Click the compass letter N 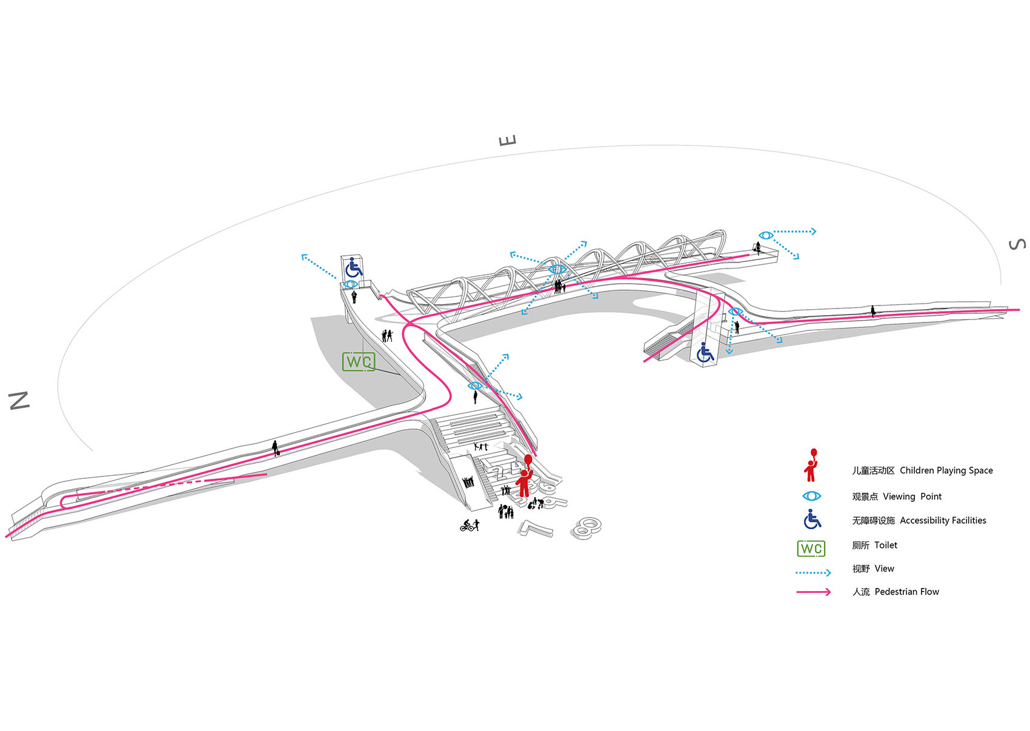tap(19, 400)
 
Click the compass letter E tap(508, 140)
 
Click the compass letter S tap(1017, 244)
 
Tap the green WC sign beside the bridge tap(359, 362)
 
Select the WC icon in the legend tap(811, 548)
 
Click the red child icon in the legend tap(811, 466)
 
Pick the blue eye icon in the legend tap(811, 496)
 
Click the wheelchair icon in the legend tap(812, 519)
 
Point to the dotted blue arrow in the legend tap(813, 572)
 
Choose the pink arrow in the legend tap(813, 592)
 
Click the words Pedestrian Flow tap(906, 592)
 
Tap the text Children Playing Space tap(946, 470)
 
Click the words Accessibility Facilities tap(943, 520)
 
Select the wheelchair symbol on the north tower tap(353, 267)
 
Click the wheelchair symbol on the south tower tap(705, 353)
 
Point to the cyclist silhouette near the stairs tap(469, 526)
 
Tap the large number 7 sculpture tap(536, 528)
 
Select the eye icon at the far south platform tap(765, 235)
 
